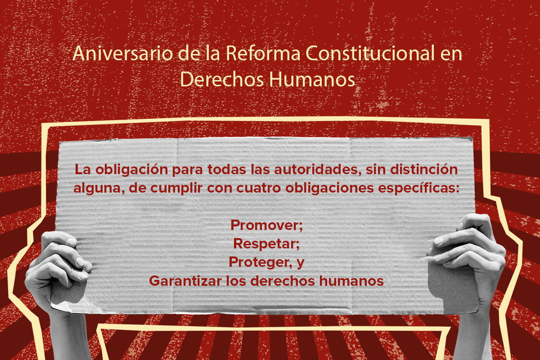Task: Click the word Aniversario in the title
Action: (x=123, y=53)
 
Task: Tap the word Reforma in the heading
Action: (x=263, y=53)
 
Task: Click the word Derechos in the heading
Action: (x=222, y=79)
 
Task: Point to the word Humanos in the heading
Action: (x=312, y=79)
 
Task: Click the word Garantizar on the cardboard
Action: (x=185, y=281)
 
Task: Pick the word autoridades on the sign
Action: (x=318, y=170)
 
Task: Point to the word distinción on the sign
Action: (x=424, y=169)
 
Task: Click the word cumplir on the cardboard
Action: (x=176, y=188)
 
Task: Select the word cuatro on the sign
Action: (x=258, y=188)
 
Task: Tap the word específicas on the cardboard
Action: (x=419, y=188)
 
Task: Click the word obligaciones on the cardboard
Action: (x=329, y=188)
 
